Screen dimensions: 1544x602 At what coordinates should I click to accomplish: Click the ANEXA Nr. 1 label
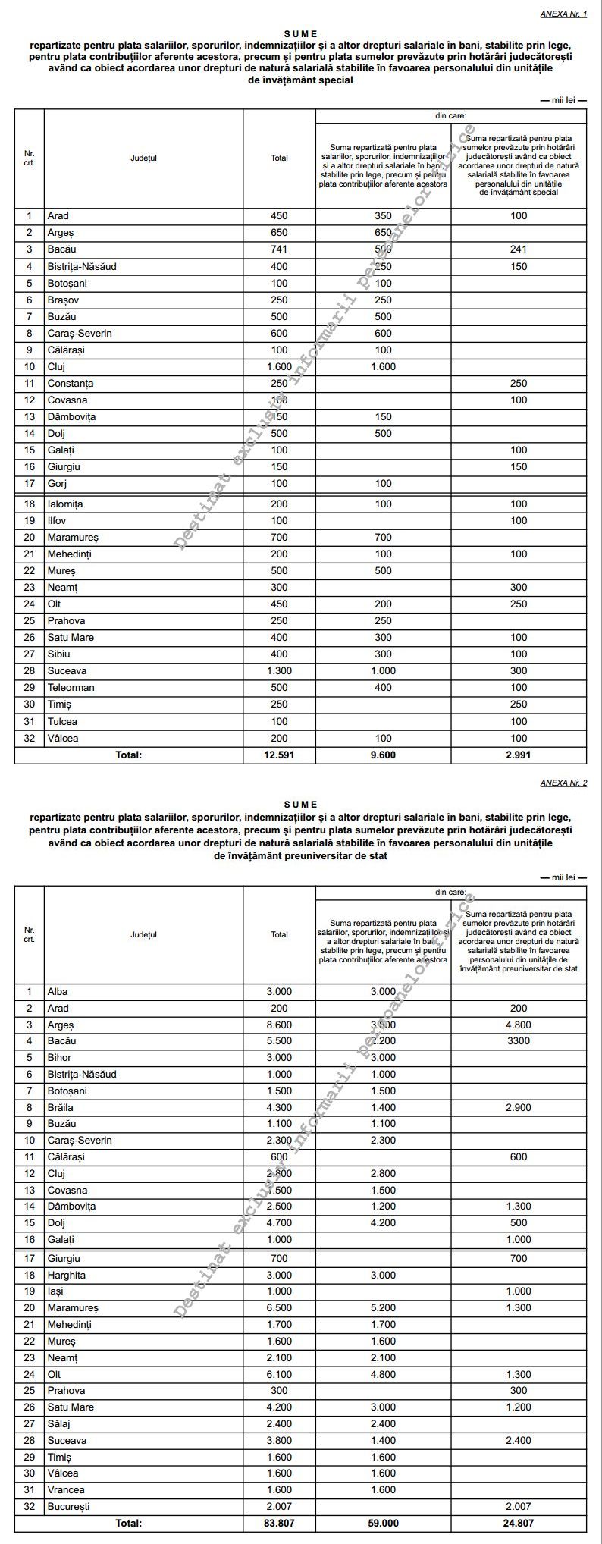[x=563, y=14]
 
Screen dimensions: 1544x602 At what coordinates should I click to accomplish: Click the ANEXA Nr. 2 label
[x=563, y=783]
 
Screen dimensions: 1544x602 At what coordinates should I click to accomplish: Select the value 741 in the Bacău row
[x=279, y=249]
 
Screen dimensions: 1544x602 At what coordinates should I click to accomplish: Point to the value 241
[x=519, y=249]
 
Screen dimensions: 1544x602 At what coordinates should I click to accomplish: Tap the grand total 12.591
[x=279, y=755]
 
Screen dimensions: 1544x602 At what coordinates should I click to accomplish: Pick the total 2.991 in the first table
[x=519, y=755]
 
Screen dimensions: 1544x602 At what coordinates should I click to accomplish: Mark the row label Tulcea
[x=62, y=722]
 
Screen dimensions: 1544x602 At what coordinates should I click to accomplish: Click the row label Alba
[x=58, y=992]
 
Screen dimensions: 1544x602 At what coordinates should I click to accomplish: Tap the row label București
[x=68, y=1507]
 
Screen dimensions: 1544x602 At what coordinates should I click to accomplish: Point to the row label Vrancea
[x=66, y=1490]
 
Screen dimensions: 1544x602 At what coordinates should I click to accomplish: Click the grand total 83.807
[x=279, y=1523]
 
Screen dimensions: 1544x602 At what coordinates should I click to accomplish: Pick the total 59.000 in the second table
[x=384, y=1523]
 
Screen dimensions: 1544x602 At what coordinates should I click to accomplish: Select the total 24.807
[x=519, y=1523]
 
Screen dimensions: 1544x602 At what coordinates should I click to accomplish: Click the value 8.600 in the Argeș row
[x=279, y=1025]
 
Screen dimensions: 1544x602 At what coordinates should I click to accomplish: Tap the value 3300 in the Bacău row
[x=519, y=1041]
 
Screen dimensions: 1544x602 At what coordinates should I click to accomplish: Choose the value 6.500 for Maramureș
[x=279, y=1308]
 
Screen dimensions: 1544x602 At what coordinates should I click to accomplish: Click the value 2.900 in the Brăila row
[x=519, y=1108]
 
